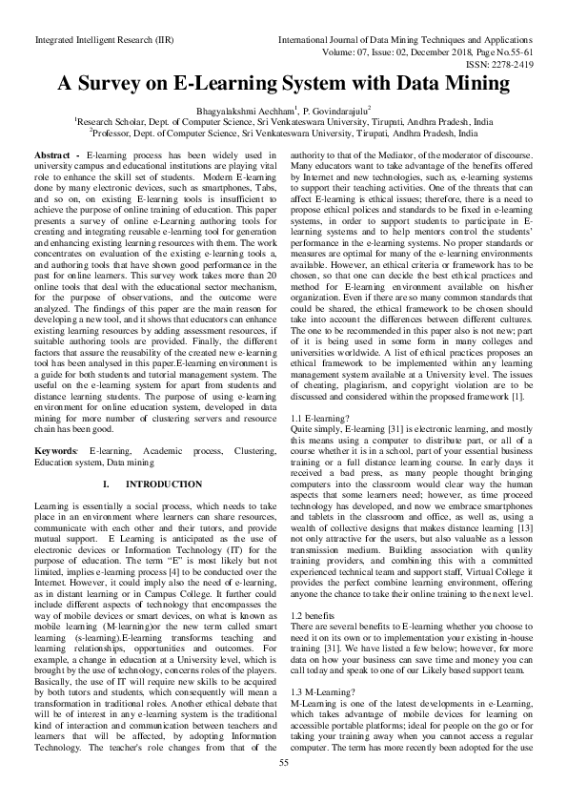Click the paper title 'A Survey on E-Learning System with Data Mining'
(283, 83)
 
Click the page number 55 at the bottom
(283, 789)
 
